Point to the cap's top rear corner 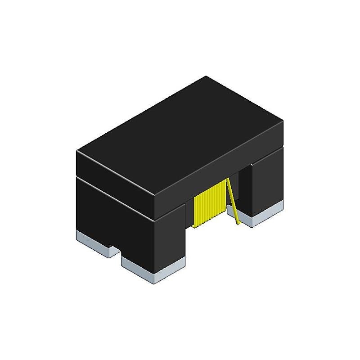(x=205, y=76)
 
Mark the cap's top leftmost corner (x=77, y=152)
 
